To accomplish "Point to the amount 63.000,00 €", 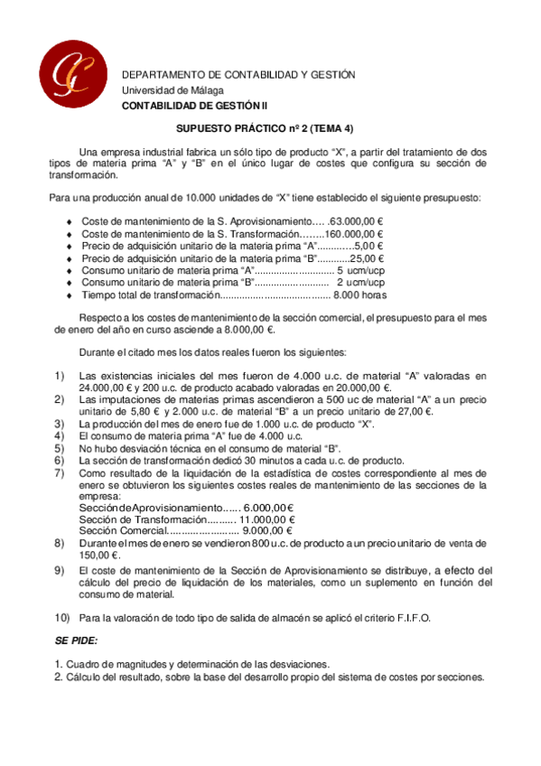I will coord(357,220).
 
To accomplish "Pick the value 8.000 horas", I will coord(360,294).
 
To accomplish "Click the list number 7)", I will coord(60,472).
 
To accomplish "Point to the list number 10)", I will coord(62,617).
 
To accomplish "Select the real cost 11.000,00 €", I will coord(266,519).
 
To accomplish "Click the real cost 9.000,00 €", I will coord(269,531).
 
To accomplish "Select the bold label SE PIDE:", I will coord(76,640).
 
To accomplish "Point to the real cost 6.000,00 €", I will coord(269,508).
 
